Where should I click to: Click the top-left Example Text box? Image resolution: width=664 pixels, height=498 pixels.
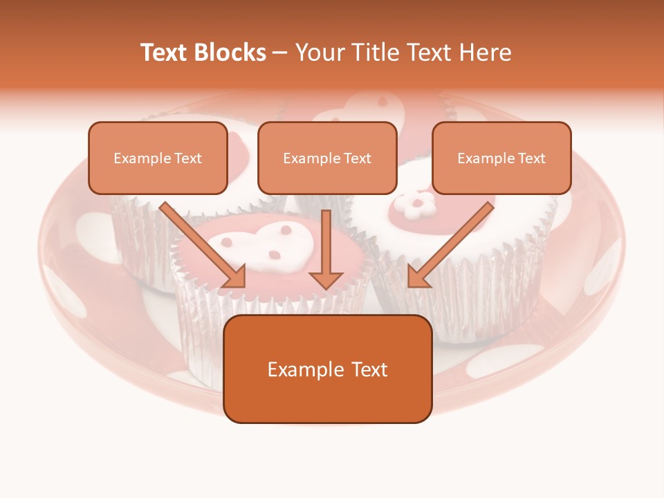158,158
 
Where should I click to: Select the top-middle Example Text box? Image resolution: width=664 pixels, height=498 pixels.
327,158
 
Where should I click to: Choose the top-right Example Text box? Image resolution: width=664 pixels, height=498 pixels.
501,158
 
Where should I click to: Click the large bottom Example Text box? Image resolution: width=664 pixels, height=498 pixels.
327,369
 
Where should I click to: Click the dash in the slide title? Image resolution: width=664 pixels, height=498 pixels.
280,53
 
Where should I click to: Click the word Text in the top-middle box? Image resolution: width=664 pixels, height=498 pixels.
357,158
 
